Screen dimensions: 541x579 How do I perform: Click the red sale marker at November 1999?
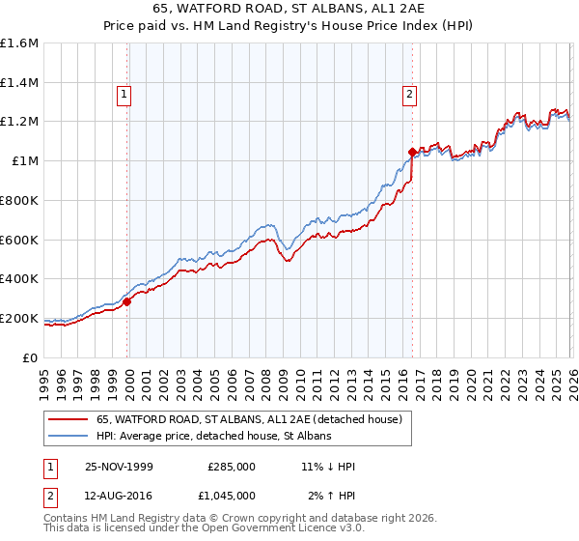point(127,301)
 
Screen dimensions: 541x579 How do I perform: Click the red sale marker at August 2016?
point(412,152)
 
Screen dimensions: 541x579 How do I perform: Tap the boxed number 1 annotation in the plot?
point(124,94)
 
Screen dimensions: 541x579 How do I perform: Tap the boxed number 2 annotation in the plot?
point(410,94)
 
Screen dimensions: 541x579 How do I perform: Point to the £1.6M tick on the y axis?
point(19,43)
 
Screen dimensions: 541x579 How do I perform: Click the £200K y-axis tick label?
point(19,318)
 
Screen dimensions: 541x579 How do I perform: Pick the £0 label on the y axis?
point(30,357)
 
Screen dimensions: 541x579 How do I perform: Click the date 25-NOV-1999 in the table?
point(118,467)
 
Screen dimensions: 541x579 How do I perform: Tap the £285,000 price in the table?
point(232,467)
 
